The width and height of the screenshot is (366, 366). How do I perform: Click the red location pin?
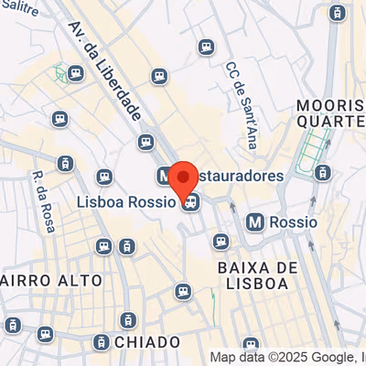pos(183,179)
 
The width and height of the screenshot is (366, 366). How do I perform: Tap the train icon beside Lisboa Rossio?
pos(188,203)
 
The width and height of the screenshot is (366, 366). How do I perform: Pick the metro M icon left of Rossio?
pos(255,221)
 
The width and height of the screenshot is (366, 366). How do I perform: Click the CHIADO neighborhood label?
pos(148,341)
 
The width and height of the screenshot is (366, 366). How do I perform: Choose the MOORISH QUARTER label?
pos(330,113)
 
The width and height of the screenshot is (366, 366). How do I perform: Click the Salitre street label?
pos(20,5)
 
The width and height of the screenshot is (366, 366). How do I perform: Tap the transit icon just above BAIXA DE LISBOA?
pos(220,242)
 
